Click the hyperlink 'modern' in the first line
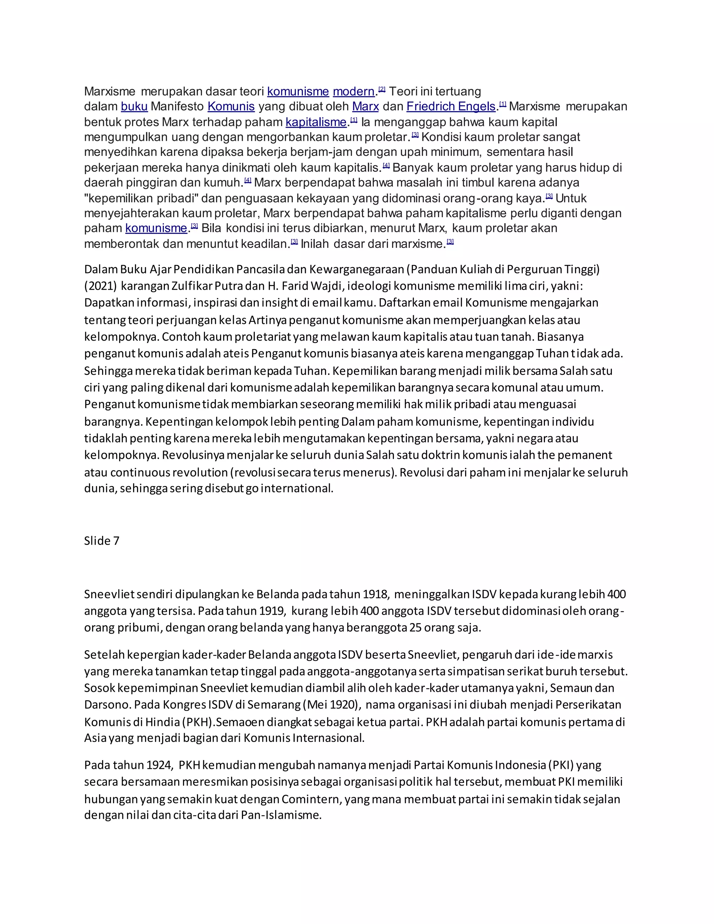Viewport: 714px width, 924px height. (353, 91)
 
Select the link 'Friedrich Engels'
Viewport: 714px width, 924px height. (450, 106)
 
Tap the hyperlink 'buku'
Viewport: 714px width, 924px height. (134, 106)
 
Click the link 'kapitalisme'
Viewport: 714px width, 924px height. (316, 122)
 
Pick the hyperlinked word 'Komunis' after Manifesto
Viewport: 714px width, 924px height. (231, 106)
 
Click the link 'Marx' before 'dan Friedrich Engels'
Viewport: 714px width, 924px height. (365, 106)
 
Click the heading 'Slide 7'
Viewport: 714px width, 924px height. (101, 541)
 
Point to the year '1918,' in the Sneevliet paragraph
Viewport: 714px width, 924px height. (375, 594)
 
